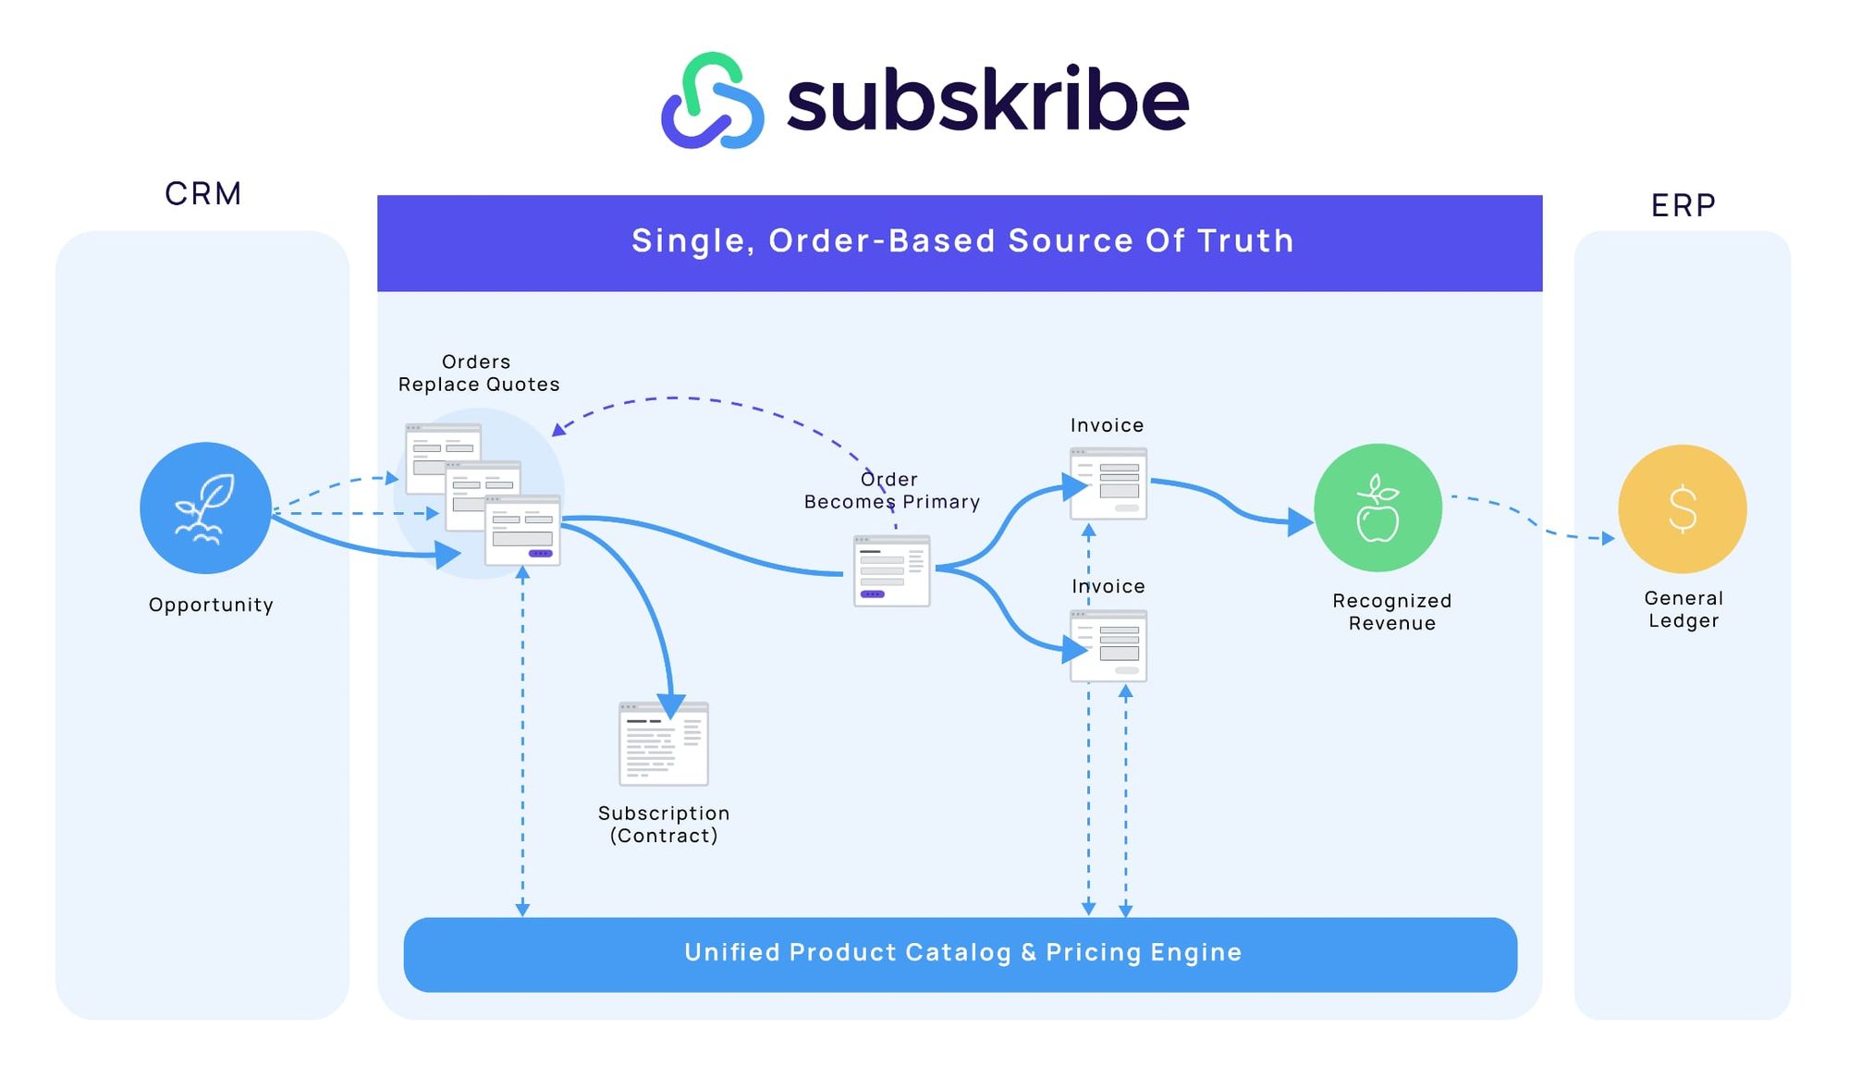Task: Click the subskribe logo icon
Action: (712, 100)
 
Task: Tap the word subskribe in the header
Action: (986, 100)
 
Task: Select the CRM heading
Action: (203, 193)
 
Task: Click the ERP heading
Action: (1683, 205)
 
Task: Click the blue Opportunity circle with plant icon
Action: (205, 508)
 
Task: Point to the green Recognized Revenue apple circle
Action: (1378, 508)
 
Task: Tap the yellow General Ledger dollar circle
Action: (1682, 508)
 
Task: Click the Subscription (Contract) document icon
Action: (663, 744)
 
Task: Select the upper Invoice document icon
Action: (1108, 483)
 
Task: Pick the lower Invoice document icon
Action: (1108, 645)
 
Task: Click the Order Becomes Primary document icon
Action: (891, 570)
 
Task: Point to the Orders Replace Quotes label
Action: (478, 373)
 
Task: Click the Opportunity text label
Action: (211, 605)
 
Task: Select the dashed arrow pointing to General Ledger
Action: (1535, 522)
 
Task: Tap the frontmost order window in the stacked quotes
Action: (522, 531)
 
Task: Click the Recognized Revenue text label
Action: (1391, 611)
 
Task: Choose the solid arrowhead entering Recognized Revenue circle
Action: (1300, 523)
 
